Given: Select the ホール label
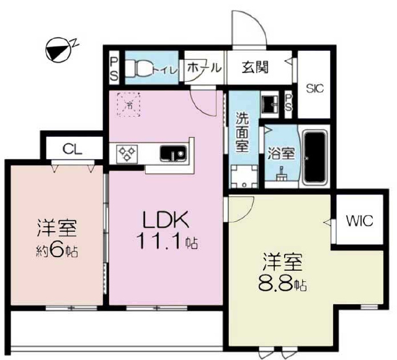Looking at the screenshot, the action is tap(205, 68).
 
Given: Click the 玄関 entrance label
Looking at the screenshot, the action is tap(255, 68).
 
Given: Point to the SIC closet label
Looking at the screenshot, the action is tap(314, 89).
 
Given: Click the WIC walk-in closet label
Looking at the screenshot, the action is tap(360, 221).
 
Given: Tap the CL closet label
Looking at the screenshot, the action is tap(72, 149).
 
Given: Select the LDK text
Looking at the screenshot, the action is tap(166, 219).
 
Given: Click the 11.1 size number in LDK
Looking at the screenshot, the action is tap(159, 240).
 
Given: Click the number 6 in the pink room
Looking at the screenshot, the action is tap(58, 251).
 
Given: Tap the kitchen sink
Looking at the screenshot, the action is tap(174, 154).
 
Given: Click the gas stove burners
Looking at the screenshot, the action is tap(127, 154).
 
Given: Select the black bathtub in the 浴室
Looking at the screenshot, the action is tap(314, 157).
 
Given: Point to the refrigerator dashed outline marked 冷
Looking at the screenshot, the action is tap(129, 104).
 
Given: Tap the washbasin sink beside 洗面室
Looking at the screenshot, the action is tap(269, 103).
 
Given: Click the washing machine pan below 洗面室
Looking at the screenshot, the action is tap(244, 177).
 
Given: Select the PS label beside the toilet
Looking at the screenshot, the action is tap(114, 68).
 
